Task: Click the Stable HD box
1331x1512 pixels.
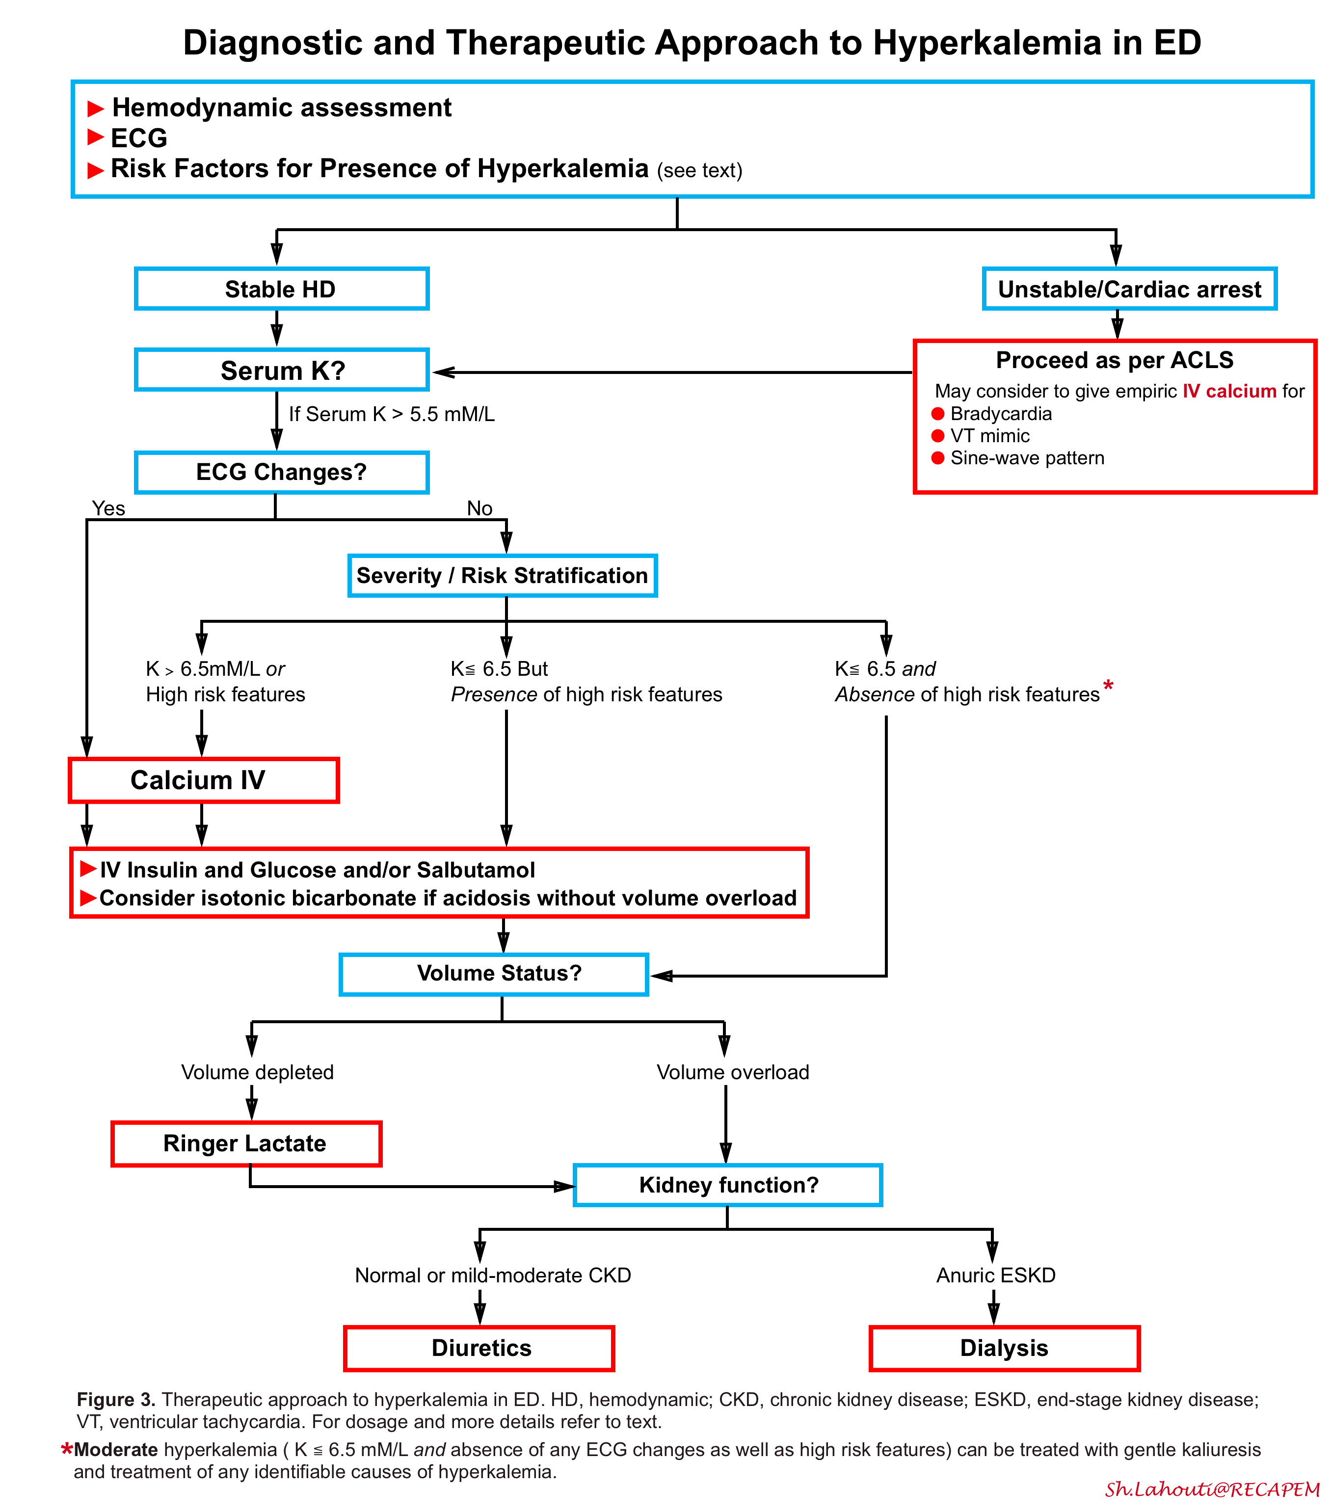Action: tap(281, 289)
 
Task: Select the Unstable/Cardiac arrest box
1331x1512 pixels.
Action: tap(1129, 289)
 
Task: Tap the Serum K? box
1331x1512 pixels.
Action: tap(281, 370)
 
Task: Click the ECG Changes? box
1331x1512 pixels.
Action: tap(281, 472)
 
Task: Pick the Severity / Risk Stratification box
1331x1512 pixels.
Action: tap(503, 576)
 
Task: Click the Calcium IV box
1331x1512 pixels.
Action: tap(204, 780)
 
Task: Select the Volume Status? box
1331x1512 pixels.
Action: tap(494, 974)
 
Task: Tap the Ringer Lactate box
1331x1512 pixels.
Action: tap(245, 1143)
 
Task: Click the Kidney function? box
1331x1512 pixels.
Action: tap(728, 1185)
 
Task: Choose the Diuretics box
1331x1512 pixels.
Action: tap(479, 1348)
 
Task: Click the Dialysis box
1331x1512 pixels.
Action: tap(1004, 1348)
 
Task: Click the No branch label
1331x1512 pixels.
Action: tap(479, 508)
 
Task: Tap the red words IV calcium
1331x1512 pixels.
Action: tap(1229, 391)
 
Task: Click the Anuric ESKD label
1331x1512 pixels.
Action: tap(996, 1275)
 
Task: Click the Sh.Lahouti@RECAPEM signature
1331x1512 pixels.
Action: tap(1212, 1489)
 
